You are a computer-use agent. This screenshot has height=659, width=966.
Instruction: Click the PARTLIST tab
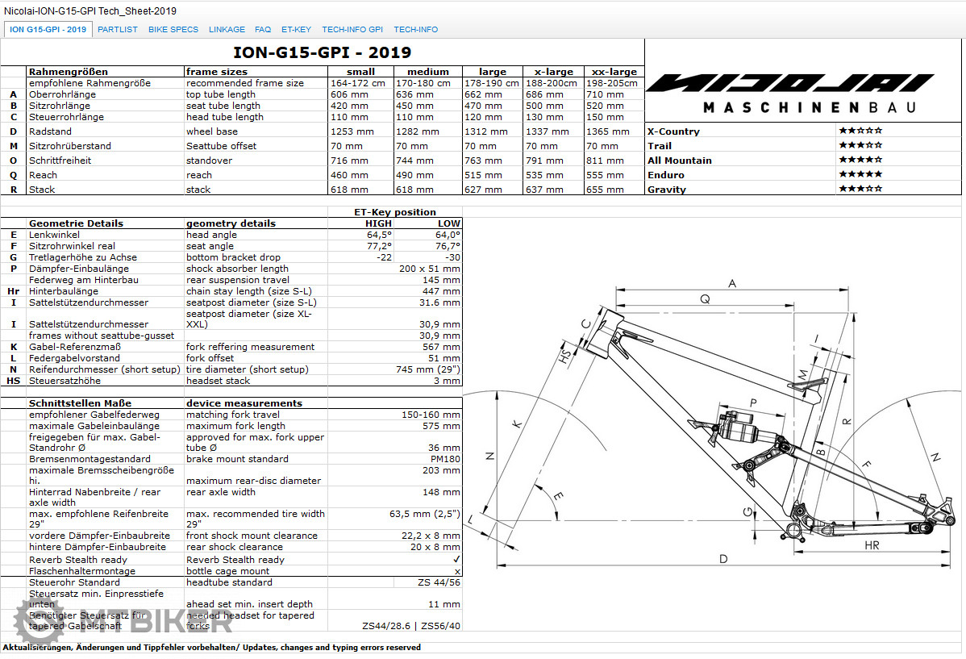[x=118, y=29]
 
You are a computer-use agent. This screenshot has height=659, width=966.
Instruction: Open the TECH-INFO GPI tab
[x=352, y=29]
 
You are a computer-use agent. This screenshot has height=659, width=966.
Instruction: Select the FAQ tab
[x=263, y=29]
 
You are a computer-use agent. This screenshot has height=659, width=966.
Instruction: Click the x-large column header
[x=552, y=72]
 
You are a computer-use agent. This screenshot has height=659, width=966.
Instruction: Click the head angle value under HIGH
[x=379, y=235]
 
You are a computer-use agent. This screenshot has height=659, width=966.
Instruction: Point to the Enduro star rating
[x=860, y=175]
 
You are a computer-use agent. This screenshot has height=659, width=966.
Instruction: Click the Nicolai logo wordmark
[x=789, y=83]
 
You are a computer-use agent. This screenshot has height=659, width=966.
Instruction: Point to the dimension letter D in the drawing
[x=723, y=559]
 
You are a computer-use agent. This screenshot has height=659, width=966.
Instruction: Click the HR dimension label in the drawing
[x=871, y=546]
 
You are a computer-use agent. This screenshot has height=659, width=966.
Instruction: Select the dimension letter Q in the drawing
[x=705, y=299]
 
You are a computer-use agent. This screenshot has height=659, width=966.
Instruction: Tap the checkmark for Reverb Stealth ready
[x=456, y=559]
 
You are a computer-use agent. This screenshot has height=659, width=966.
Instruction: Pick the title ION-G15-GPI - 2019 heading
[x=322, y=53]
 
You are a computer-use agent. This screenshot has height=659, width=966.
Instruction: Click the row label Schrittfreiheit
[x=60, y=161]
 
